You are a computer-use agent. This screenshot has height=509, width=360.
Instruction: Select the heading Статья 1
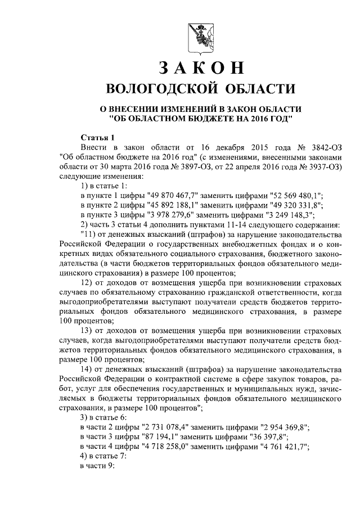(98, 137)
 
